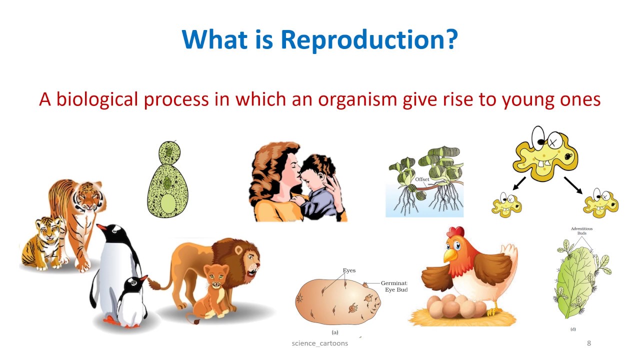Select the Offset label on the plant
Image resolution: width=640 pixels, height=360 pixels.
click(x=422, y=179)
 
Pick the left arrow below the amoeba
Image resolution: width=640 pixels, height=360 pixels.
click(x=518, y=183)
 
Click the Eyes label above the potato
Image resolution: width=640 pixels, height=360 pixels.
click(x=349, y=270)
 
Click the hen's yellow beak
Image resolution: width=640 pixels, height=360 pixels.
click(x=450, y=255)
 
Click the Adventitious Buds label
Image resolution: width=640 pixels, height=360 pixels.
click(x=581, y=231)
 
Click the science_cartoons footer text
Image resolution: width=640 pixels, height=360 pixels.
click(x=319, y=343)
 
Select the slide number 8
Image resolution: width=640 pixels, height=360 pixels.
click(x=588, y=343)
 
